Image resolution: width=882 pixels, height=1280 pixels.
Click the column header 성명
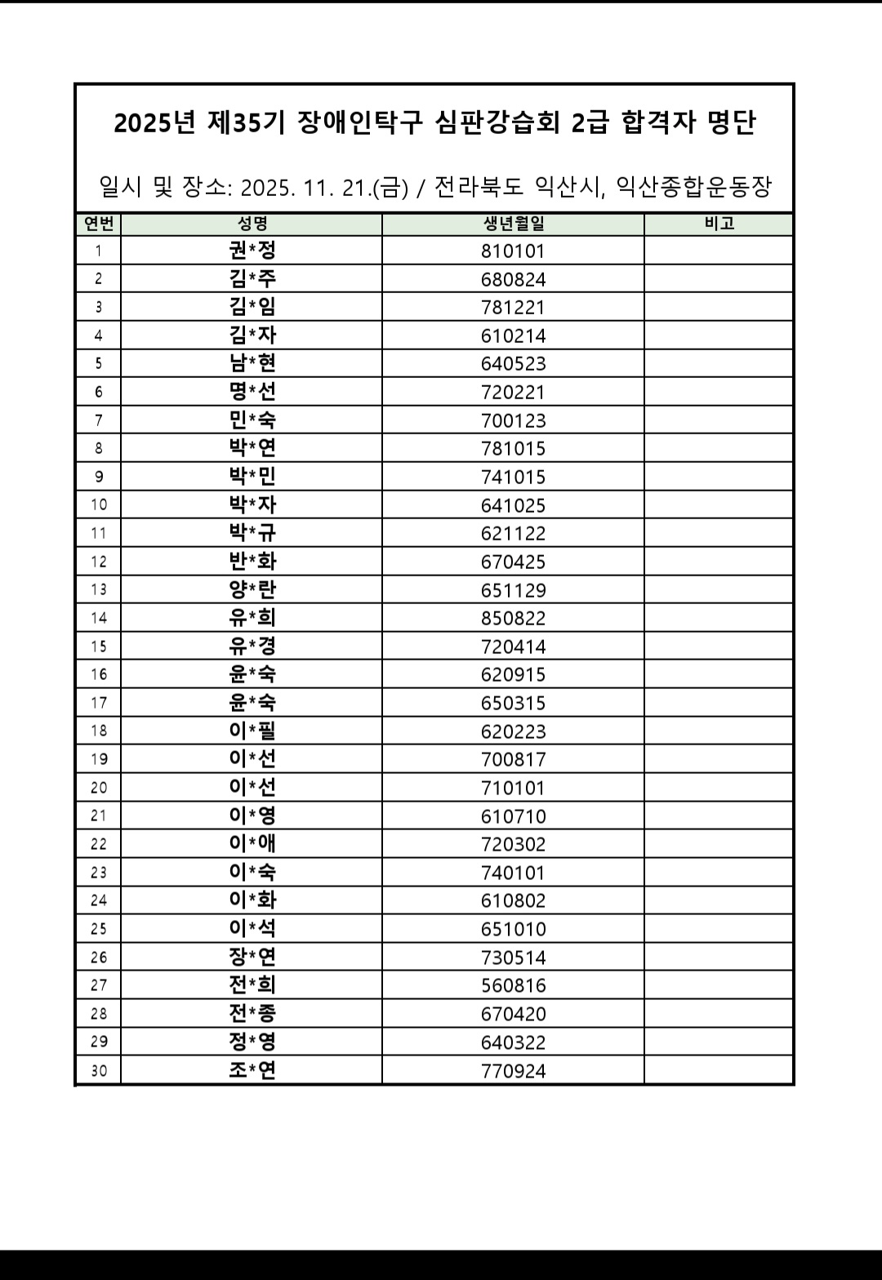click(x=252, y=224)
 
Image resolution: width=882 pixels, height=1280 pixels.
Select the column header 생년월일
click(x=513, y=224)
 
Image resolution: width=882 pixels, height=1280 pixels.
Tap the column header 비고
click(x=719, y=224)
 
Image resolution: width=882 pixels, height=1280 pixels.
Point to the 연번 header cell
click(x=99, y=224)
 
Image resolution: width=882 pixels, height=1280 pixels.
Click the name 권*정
click(x=252, y=250)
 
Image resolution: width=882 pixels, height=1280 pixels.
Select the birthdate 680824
click(x=513, y=279)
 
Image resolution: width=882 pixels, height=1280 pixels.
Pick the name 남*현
click(x=252, y=362)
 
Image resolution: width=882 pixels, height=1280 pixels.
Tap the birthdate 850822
click(x=513, y=618)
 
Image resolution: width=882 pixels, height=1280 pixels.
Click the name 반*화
click(x=252, y=561)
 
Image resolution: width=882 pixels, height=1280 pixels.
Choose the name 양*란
click(x=252, y=589)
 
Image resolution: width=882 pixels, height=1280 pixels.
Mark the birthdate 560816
click(x=513, y=985)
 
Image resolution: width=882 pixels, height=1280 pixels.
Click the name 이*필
click(x=252, y=731)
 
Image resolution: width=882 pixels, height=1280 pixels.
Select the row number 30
click(x=99, y=1070)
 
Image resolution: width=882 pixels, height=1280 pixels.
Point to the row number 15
click(x=99, y=647)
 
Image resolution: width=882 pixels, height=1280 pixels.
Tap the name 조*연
click(x=252, y=1070)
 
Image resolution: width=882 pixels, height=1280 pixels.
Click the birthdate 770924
click(x=513, y=1070)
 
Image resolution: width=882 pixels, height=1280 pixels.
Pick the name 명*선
click(x=252, y=391)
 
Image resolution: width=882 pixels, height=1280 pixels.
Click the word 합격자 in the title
click(x=658, y=122)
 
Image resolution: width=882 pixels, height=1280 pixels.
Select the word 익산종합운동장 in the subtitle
click(x=693, y=187)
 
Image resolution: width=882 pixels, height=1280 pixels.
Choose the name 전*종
click(x=252, y=1013)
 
